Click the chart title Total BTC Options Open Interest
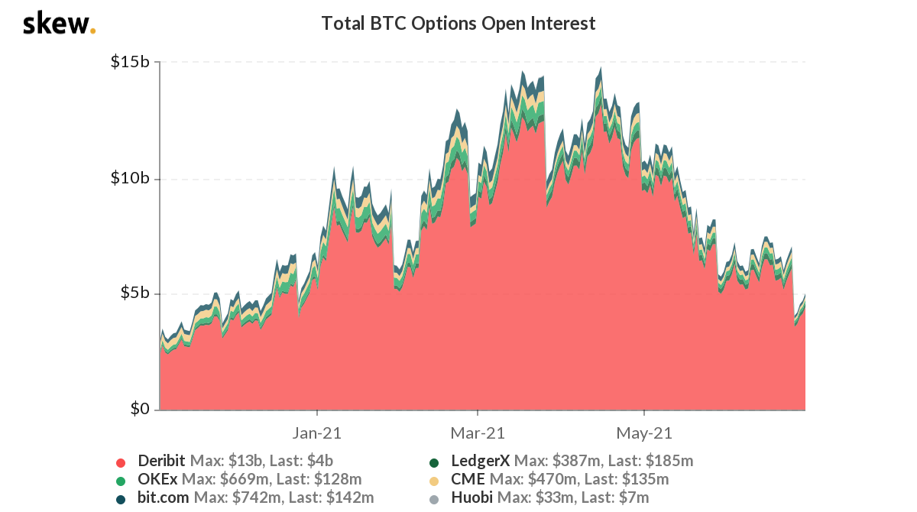(458, 24)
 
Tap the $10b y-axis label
(131, 178)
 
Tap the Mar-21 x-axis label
(478, 433)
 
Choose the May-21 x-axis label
(643, 433)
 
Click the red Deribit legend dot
(121, 462)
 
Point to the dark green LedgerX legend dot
(434, 462)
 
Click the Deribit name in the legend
(161, 461)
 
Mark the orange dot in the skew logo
(93, 31)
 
